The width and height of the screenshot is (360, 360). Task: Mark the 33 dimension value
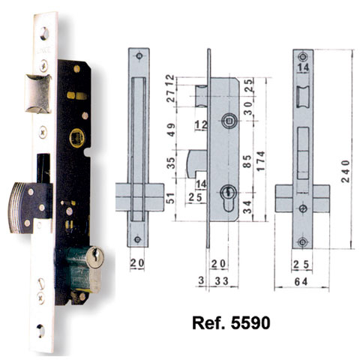pyautogui.click(x=223, y=282)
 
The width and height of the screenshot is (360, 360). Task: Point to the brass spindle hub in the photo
pyautogui.click(x=74, y=138)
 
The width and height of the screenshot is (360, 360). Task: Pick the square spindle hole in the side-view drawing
pyautogui.click(x=228, y=118)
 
